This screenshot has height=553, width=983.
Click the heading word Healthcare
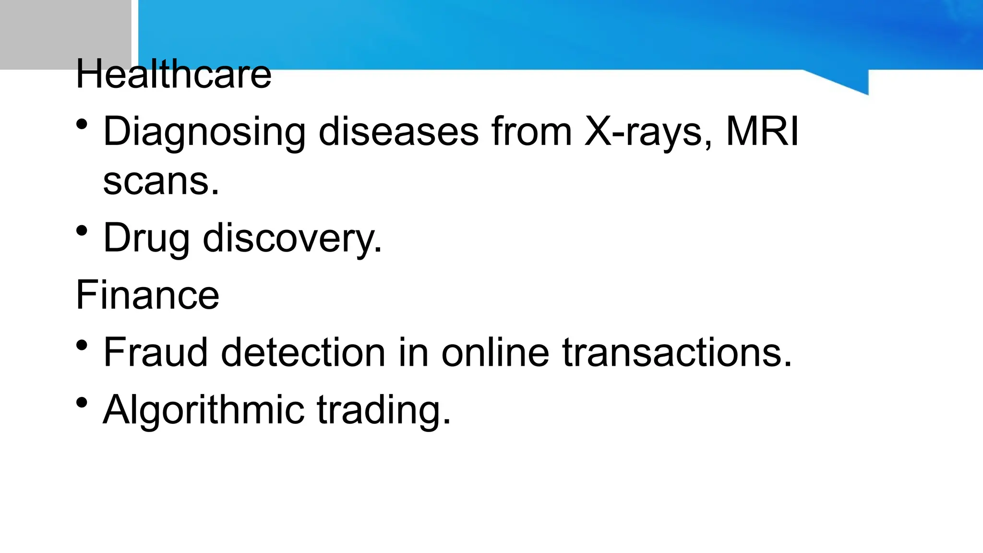pyautogui.click(x=173, y=74)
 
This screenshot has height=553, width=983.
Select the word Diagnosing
pyautogui.click(x=204, y=132)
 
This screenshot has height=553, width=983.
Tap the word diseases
pyautogui.click(x=398, y=132)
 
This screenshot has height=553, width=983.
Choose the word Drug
pyautogui.click(x=146, y=238)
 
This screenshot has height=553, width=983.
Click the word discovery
pyautogui.click(x=292, y=238)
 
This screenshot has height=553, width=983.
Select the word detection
pyautogui.click(x=303, y=352)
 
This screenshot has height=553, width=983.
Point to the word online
pyautogui.click(x=495, y=352)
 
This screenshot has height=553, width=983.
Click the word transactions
pyautogui.click(x=677, y=352)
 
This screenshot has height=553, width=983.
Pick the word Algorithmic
pyautogui.click(x=204, y=410)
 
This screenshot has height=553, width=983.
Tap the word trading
pyautogui.click(x=384, y=410)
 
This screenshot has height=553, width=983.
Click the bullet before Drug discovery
pyautogui.click(x=82, y=231)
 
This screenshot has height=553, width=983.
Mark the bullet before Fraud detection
pyautogui.click(x=82, y=345)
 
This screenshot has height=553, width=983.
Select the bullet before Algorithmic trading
pyautogui.click(x=82, y=403)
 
